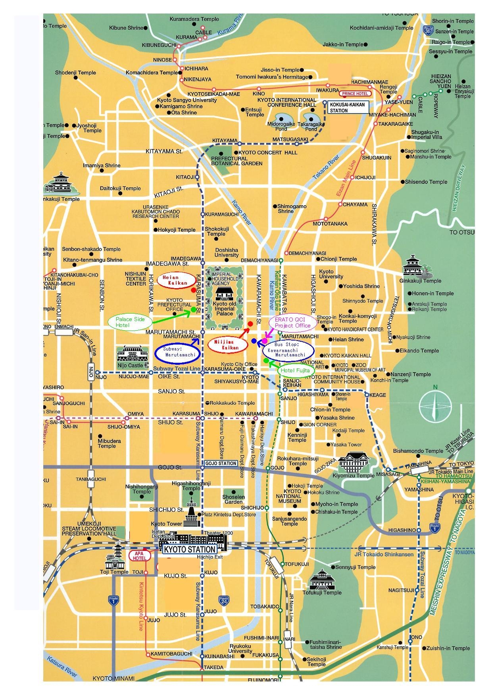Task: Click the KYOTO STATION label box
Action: tap(190, 549)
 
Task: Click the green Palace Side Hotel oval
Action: tap(128, 322)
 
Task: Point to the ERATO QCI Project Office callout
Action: tap(293, 323)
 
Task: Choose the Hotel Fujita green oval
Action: tap(295, 370)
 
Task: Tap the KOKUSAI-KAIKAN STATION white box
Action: tap(347, 106)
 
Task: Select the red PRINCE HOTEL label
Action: tap(355, 94)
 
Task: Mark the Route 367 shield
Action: tap(428, 31)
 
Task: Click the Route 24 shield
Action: tap(224, 600)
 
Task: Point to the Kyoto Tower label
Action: tap(166, 524)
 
